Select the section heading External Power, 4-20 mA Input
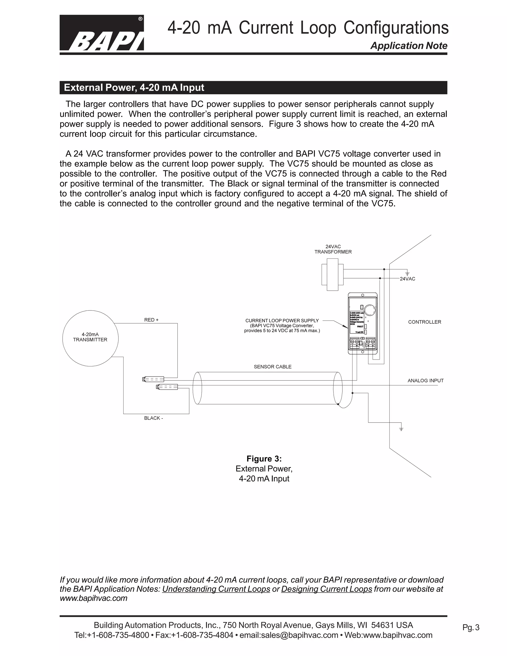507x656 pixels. [134, 88]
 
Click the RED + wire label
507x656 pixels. [151, 320]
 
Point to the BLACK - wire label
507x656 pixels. [153, 418]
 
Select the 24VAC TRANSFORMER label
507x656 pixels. [333, 249]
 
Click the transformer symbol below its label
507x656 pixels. [332, 277]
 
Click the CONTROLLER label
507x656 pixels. [424, 322]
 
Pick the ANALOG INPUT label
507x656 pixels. [425, 380]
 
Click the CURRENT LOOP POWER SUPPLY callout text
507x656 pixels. [282, 326]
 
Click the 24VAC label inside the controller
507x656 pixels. [407, 279]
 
